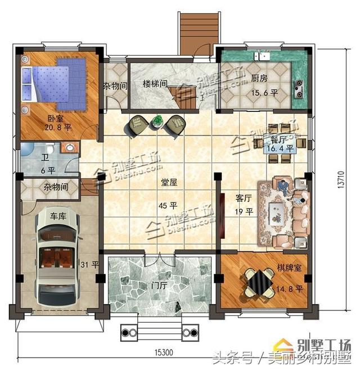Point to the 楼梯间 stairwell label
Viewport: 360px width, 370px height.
155,84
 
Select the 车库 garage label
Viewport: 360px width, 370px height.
58,216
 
